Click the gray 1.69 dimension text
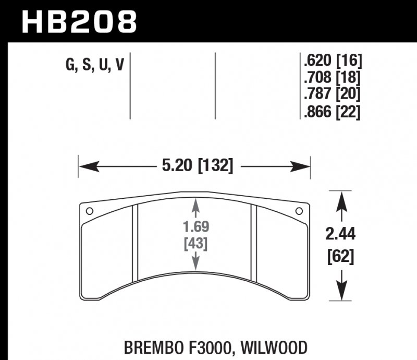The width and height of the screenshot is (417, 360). [x=196, y=228]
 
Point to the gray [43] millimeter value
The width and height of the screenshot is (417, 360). [x=196, y=243]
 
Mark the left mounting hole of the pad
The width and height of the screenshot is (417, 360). [x=89, y=212]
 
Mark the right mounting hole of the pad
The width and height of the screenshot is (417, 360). [x=299, y=212]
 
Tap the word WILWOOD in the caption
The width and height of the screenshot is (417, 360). [x=279, y=347]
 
